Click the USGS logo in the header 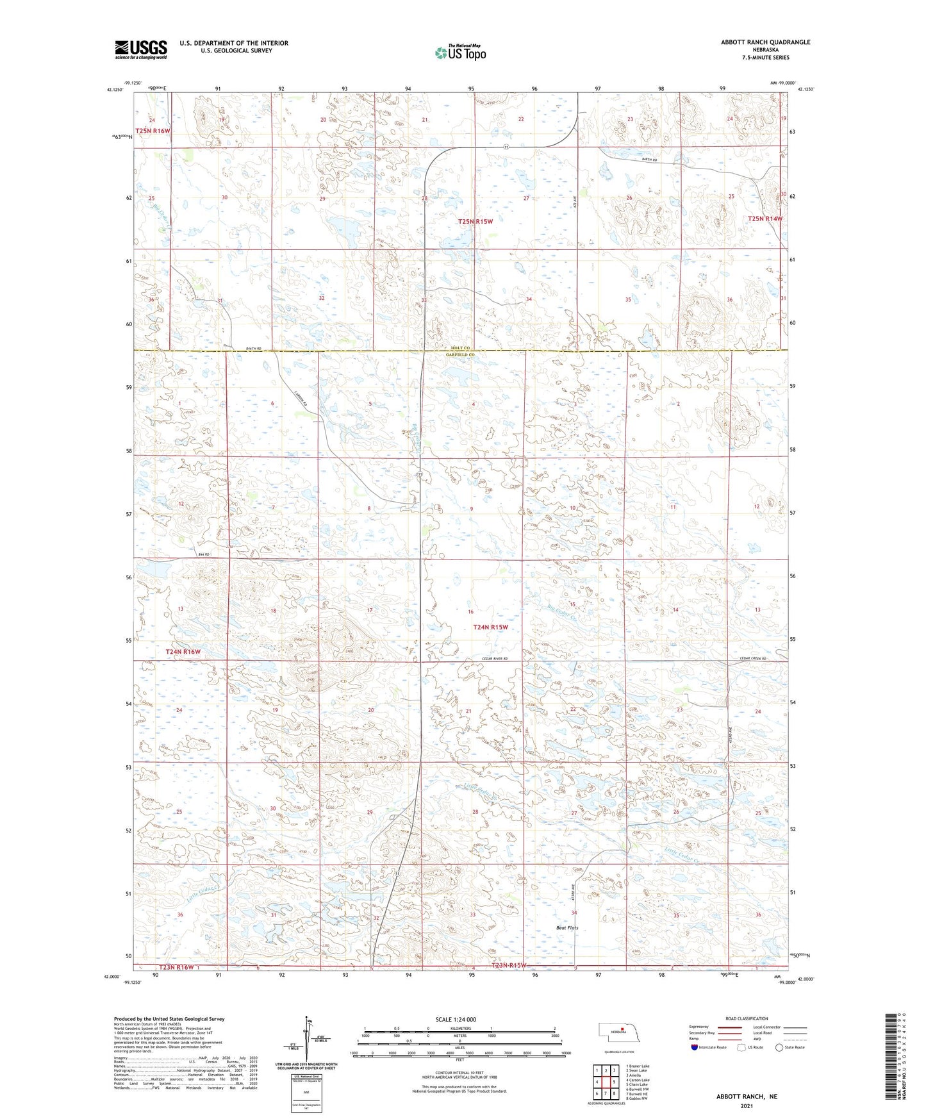pos(140,49)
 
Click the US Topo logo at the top pos(459,53)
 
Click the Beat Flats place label pos(567,928)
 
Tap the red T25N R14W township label pos(765,219)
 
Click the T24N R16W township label pos(183,652)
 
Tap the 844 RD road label pos(204,554)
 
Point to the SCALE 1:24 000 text pos(456,1020)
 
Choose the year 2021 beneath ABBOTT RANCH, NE pos(746,1106)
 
